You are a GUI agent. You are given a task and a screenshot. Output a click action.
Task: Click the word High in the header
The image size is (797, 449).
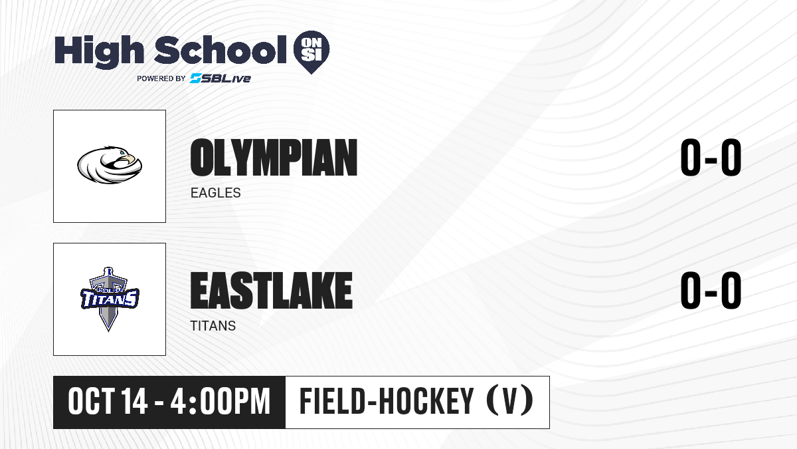pos(99,52)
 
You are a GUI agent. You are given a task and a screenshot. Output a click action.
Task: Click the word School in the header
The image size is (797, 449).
pos(221,50)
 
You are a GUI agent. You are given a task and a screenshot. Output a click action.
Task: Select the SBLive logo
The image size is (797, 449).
pos(221,78)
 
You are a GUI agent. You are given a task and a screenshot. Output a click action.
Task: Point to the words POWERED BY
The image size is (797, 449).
pos(161,78)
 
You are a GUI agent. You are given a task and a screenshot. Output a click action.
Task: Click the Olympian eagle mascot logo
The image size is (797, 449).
pos(110,165)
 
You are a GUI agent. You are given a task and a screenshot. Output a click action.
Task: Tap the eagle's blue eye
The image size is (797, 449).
pos(122,153)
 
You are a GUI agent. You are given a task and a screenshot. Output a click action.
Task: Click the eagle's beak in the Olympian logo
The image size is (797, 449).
pos(130,158)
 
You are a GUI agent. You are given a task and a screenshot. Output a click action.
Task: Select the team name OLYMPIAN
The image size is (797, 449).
pos(274,158)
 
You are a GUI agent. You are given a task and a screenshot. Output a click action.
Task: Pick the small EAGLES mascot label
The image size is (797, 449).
pos(216,193)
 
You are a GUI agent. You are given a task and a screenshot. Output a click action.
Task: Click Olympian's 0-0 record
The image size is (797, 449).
pos(711,158)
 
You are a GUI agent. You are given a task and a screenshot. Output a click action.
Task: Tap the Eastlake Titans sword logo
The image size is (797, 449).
pos(110,299)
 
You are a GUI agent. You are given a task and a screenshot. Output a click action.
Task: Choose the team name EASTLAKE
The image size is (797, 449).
pos(272,291)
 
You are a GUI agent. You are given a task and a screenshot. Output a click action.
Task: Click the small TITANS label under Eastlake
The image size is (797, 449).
pos(213,326)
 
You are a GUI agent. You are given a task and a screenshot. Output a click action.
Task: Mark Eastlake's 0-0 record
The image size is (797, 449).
pos(711,291)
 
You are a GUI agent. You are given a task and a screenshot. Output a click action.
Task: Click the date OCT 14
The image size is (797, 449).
pos(108,402)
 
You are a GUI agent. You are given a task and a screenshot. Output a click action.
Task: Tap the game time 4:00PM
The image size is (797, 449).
pos(221,402)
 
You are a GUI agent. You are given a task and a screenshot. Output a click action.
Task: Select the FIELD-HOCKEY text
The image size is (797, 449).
pos(387,402)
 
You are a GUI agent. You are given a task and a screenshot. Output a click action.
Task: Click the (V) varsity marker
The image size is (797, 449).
pos(509,402)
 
